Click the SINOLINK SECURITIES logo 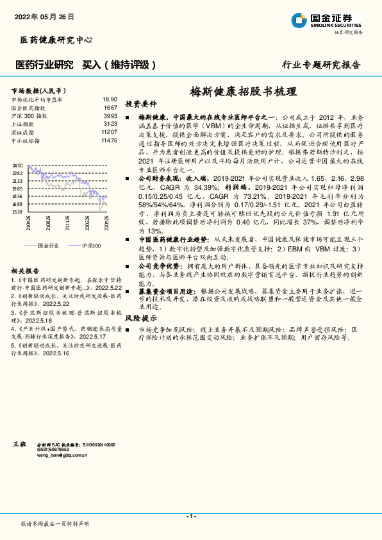click(x=326, y=20)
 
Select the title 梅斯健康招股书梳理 click(x=243, y=91)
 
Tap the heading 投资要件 click(x=141, y=103)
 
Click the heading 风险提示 click(x=141, y=317)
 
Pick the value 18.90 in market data click(x=110, y=99)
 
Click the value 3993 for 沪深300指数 click(x=110, y=115)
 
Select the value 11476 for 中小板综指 click(x=109, y=140)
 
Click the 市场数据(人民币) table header click(x=40, y=90)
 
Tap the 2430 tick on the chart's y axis click(x=17, y=165)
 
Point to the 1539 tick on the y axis click(x=17, y=211)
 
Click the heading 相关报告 click(x=25, y=271)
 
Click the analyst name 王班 click(x=19, y=443)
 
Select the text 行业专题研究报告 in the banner click(x=321, y=65)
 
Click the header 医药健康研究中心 click(x=56, y=40)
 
